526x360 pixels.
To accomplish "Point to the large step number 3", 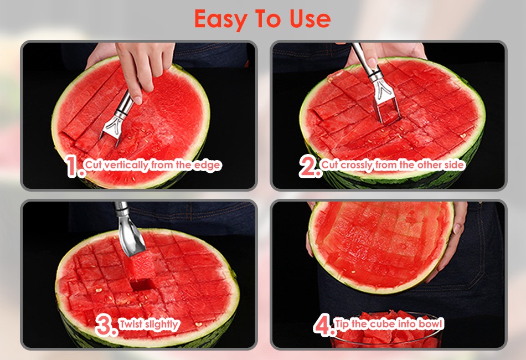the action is coord(106,326).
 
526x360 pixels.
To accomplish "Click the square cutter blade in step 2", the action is coord(386,109).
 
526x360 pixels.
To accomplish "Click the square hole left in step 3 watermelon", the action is coord(141,285).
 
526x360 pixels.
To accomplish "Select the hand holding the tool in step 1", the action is coord(137,67).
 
